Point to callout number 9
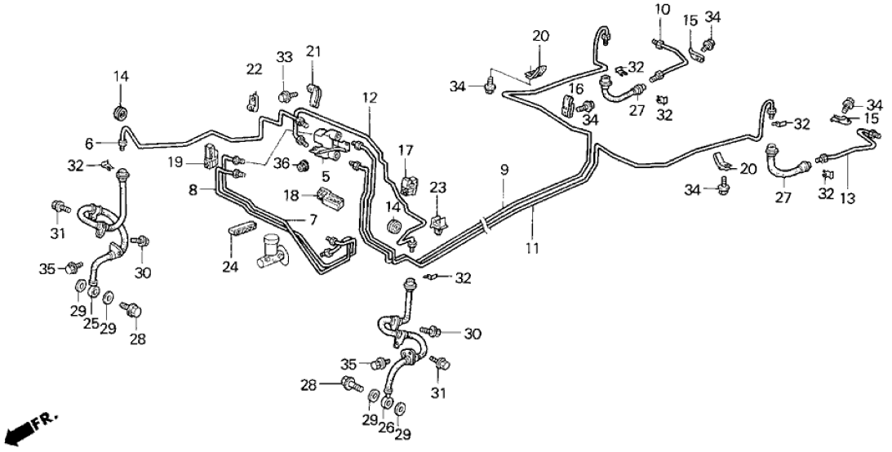[504, 170]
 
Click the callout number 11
[534, 247]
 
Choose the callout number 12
[371, 98]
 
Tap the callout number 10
[662, 10]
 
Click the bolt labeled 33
[285, 96]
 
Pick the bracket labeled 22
[251, 102]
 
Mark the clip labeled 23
[438, 220]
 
